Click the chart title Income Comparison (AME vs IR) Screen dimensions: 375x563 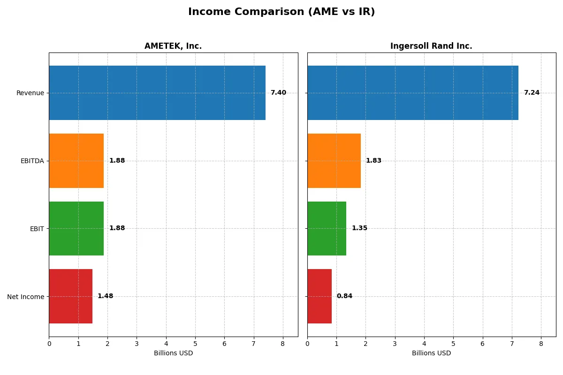click(x=281, y=12)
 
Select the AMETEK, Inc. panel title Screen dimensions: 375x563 click(x=173, y=46)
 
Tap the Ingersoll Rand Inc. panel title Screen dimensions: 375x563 click(x=431, y=46)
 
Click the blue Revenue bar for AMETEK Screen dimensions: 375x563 click(x=157, y=93)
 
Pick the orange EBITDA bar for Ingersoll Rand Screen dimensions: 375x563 click(x=334, y=161)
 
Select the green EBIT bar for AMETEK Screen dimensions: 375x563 click(x=76, y=229)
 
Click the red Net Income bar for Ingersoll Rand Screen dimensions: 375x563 click(x=320, y=296)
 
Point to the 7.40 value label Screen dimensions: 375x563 click(x=278, y=93)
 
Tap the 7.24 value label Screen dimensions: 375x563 click(x=532, y=93)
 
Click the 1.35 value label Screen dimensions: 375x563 click(x=359, y=228)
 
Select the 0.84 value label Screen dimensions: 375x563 click(x=344, y=296)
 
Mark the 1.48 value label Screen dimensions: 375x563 click(x=105, y=296)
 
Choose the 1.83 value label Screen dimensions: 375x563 click(x=373, y=161)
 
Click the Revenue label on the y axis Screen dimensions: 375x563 click(x=30, y=93)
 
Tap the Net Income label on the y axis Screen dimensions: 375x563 click(x=25, y=297)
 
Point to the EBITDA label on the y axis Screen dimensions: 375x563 click(x=32, y=161)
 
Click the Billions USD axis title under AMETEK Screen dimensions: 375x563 click(x=173, y=353)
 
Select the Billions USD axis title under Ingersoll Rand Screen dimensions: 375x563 click(x=431, y=353)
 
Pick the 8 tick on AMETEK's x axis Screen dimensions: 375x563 click(x=283, y=344)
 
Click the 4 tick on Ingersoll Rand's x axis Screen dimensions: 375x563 click(x=424, y=344)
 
